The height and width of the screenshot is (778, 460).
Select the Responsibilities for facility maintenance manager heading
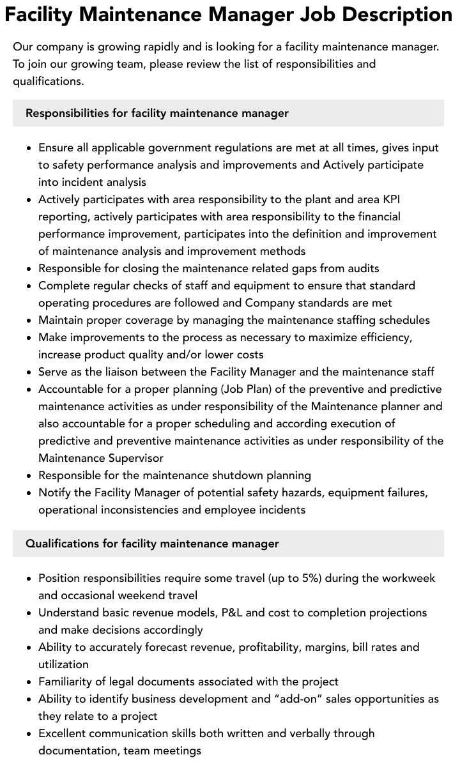pyautogui.click(x=157, y=113)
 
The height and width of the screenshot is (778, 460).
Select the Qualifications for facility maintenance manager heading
pyautogui.click(x=152, y=544)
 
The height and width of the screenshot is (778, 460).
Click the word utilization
pyautogui.click(x=63, y=664)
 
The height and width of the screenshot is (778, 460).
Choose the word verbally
pyautogui.click(x=273, y=733)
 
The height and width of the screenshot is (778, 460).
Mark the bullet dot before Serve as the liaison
pyautogui.click(x=29, y=372)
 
